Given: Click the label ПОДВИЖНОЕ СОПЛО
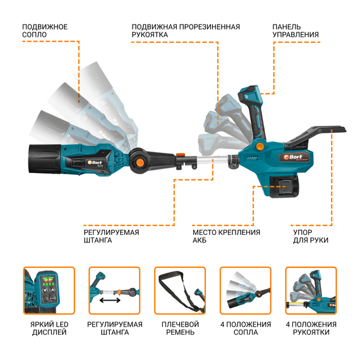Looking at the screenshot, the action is pyautogui.click(x=45, y=31).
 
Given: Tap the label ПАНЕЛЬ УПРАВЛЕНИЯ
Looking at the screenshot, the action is pyautogui.click(x=296, y=31).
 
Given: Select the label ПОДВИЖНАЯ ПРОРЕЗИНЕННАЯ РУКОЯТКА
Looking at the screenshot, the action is pyautogui.click(x=186, y=31).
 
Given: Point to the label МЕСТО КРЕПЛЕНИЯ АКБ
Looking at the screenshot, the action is pyautogui.click(x=226, y=236).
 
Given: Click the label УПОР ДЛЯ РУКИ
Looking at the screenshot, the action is pyautogui.click(x=310, y=236).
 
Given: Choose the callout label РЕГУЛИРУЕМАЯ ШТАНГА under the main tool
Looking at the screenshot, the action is pyautogui.click(x=111, y=236).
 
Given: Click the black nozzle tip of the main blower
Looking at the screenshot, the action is pyautogui.click(x=45, y=159).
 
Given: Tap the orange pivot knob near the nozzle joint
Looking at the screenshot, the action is pyautogui.click(x=140, y=162).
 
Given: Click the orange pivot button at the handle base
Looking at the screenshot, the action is pyautogui.click(x=260, y=146).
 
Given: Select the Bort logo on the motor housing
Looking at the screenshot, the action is pyautogui.click(x=294, y=157).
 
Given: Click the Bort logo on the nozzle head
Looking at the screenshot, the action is pyautogui.click(x=95, y=162).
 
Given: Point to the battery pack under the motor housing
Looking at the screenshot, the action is pyautogui.click(x=284, y=186).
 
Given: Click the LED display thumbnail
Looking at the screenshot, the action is pyautogui.click(x=49, y=291).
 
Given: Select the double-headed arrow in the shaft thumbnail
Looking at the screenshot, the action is pyautogui.click(x=110, y=300).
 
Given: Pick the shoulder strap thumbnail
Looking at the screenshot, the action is pyautogui.click(x=180, y=291).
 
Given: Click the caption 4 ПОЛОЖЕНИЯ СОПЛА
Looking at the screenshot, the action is pyautogui.click(x=246, y=328).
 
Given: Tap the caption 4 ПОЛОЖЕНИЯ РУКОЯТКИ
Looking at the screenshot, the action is pyautogui.click(x=311, y=328).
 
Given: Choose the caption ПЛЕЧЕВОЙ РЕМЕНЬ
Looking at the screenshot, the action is pyautogui.click(x=180, y=328).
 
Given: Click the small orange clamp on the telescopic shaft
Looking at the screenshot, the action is pyautogui.click(x=180, y=155).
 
